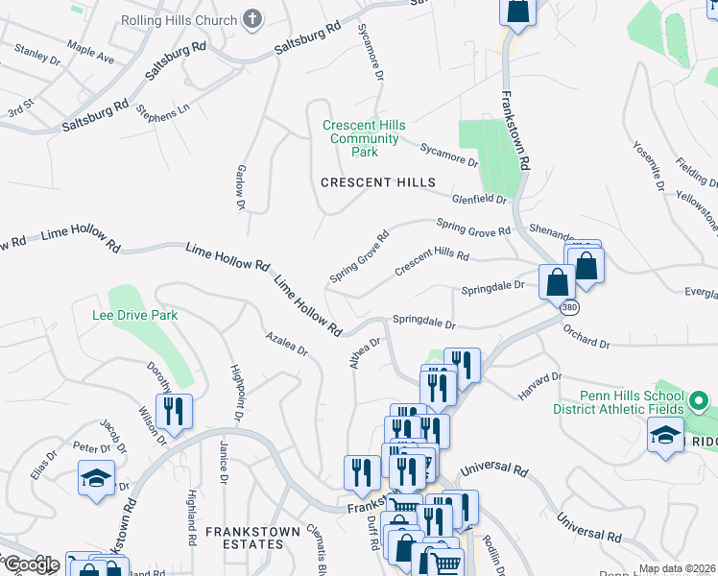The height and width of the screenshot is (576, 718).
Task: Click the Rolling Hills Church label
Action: coord(179,19)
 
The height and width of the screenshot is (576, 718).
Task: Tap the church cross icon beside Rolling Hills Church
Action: coord(252,18)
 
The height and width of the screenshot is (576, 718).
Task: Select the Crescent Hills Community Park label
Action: coord(364,138)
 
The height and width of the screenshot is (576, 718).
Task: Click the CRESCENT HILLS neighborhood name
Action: coord(377,182)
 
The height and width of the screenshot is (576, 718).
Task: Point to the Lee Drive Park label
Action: coord(134,315)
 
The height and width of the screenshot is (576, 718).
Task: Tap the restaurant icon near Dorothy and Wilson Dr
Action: coord(174,411)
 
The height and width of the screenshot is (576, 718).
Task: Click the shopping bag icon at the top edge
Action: coord(516,11)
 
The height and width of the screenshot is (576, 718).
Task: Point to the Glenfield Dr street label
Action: coord(479,198)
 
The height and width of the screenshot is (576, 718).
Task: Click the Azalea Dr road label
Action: coord(287,345)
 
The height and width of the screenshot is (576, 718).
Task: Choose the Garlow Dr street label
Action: coord(241,186)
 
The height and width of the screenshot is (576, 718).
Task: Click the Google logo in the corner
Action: coord(32,564)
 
